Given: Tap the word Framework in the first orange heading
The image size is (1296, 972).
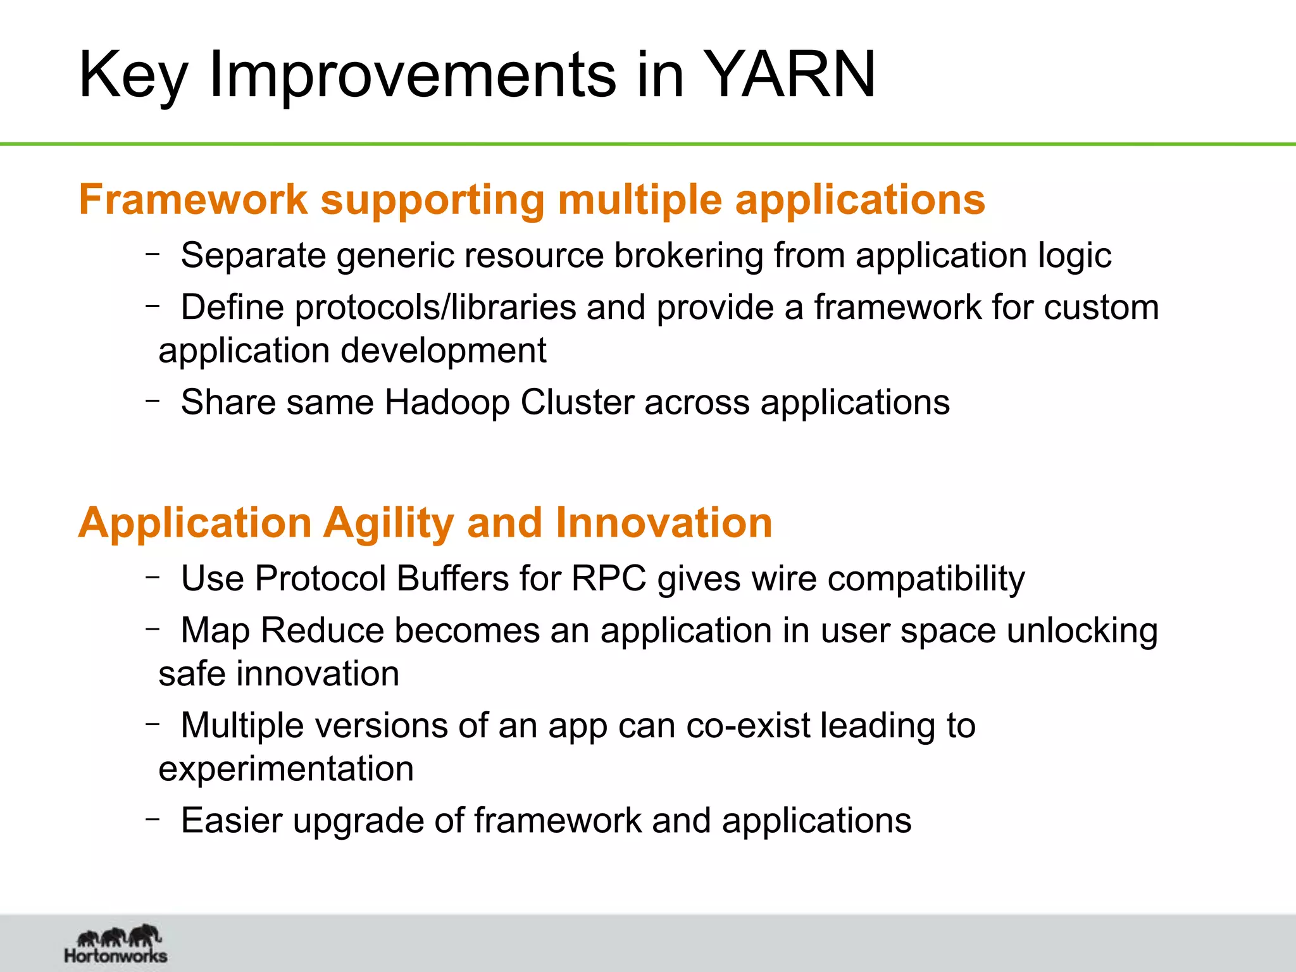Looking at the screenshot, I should coord(193,199).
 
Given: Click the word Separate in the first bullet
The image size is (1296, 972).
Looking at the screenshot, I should coord(253,256).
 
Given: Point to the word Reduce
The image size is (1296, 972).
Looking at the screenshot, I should coord(323,631).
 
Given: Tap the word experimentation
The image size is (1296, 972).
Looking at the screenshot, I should coord(286,769).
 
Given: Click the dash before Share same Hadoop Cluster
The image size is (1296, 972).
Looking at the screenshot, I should coord(152,401).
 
